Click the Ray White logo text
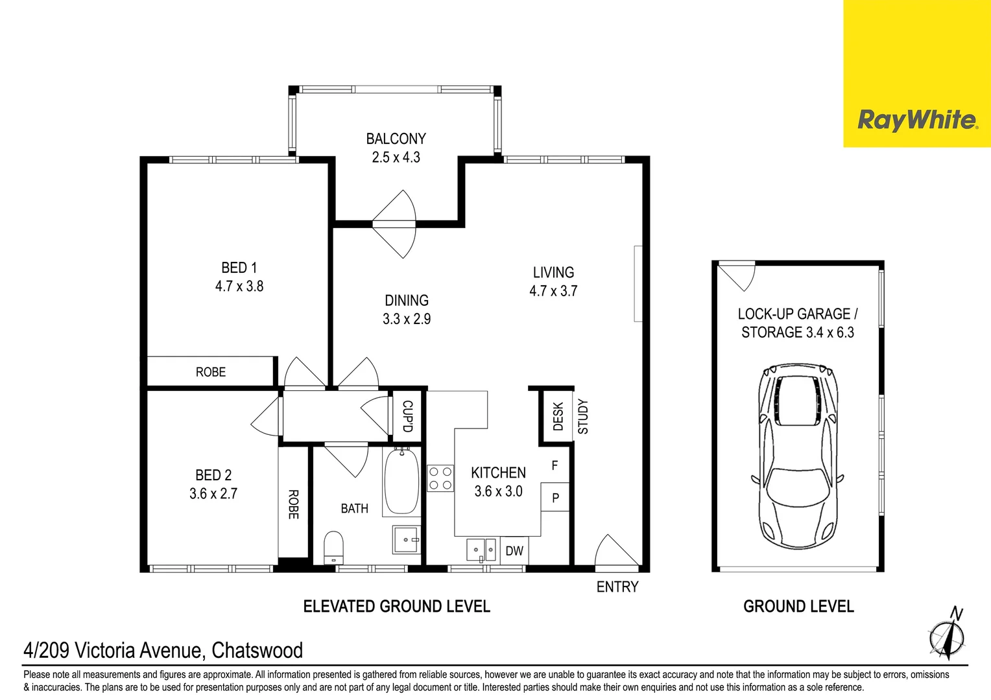(918, 121)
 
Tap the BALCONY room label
(396, 139)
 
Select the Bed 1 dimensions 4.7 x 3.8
(239, 286)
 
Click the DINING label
(407, 300)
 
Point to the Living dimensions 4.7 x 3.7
(553, 290)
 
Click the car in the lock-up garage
(797, 456)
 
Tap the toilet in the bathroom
(333, 548)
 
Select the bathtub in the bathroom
(401, 481)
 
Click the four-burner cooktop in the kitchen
(440, 478)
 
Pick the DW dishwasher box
(514, 550)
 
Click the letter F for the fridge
(555, 465)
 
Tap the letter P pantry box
(555, 498)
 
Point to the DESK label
(558, 416)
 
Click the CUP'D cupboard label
(407, 416)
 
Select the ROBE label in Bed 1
(211, 372)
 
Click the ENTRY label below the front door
(617, 587)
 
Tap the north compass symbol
(948, 634)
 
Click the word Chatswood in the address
(257, 650)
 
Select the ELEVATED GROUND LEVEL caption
(397, 606)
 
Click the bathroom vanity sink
(406, 540)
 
